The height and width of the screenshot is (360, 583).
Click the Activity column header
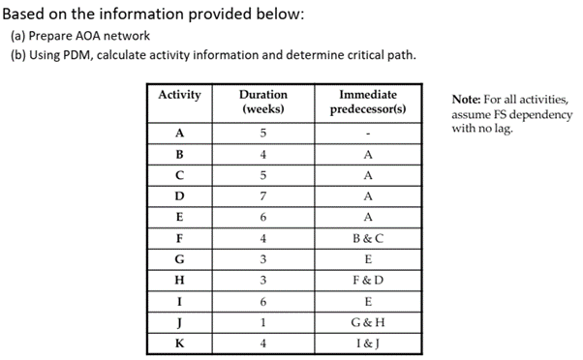click(179, 95)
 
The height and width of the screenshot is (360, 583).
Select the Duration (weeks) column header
click(262, 102)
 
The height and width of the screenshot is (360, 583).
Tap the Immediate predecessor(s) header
click(368, 102)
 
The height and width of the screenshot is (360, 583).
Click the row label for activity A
click(179, 134)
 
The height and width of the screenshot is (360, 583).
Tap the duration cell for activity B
click(262, 155)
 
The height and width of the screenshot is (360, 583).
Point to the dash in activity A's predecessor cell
click(368, 134)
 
